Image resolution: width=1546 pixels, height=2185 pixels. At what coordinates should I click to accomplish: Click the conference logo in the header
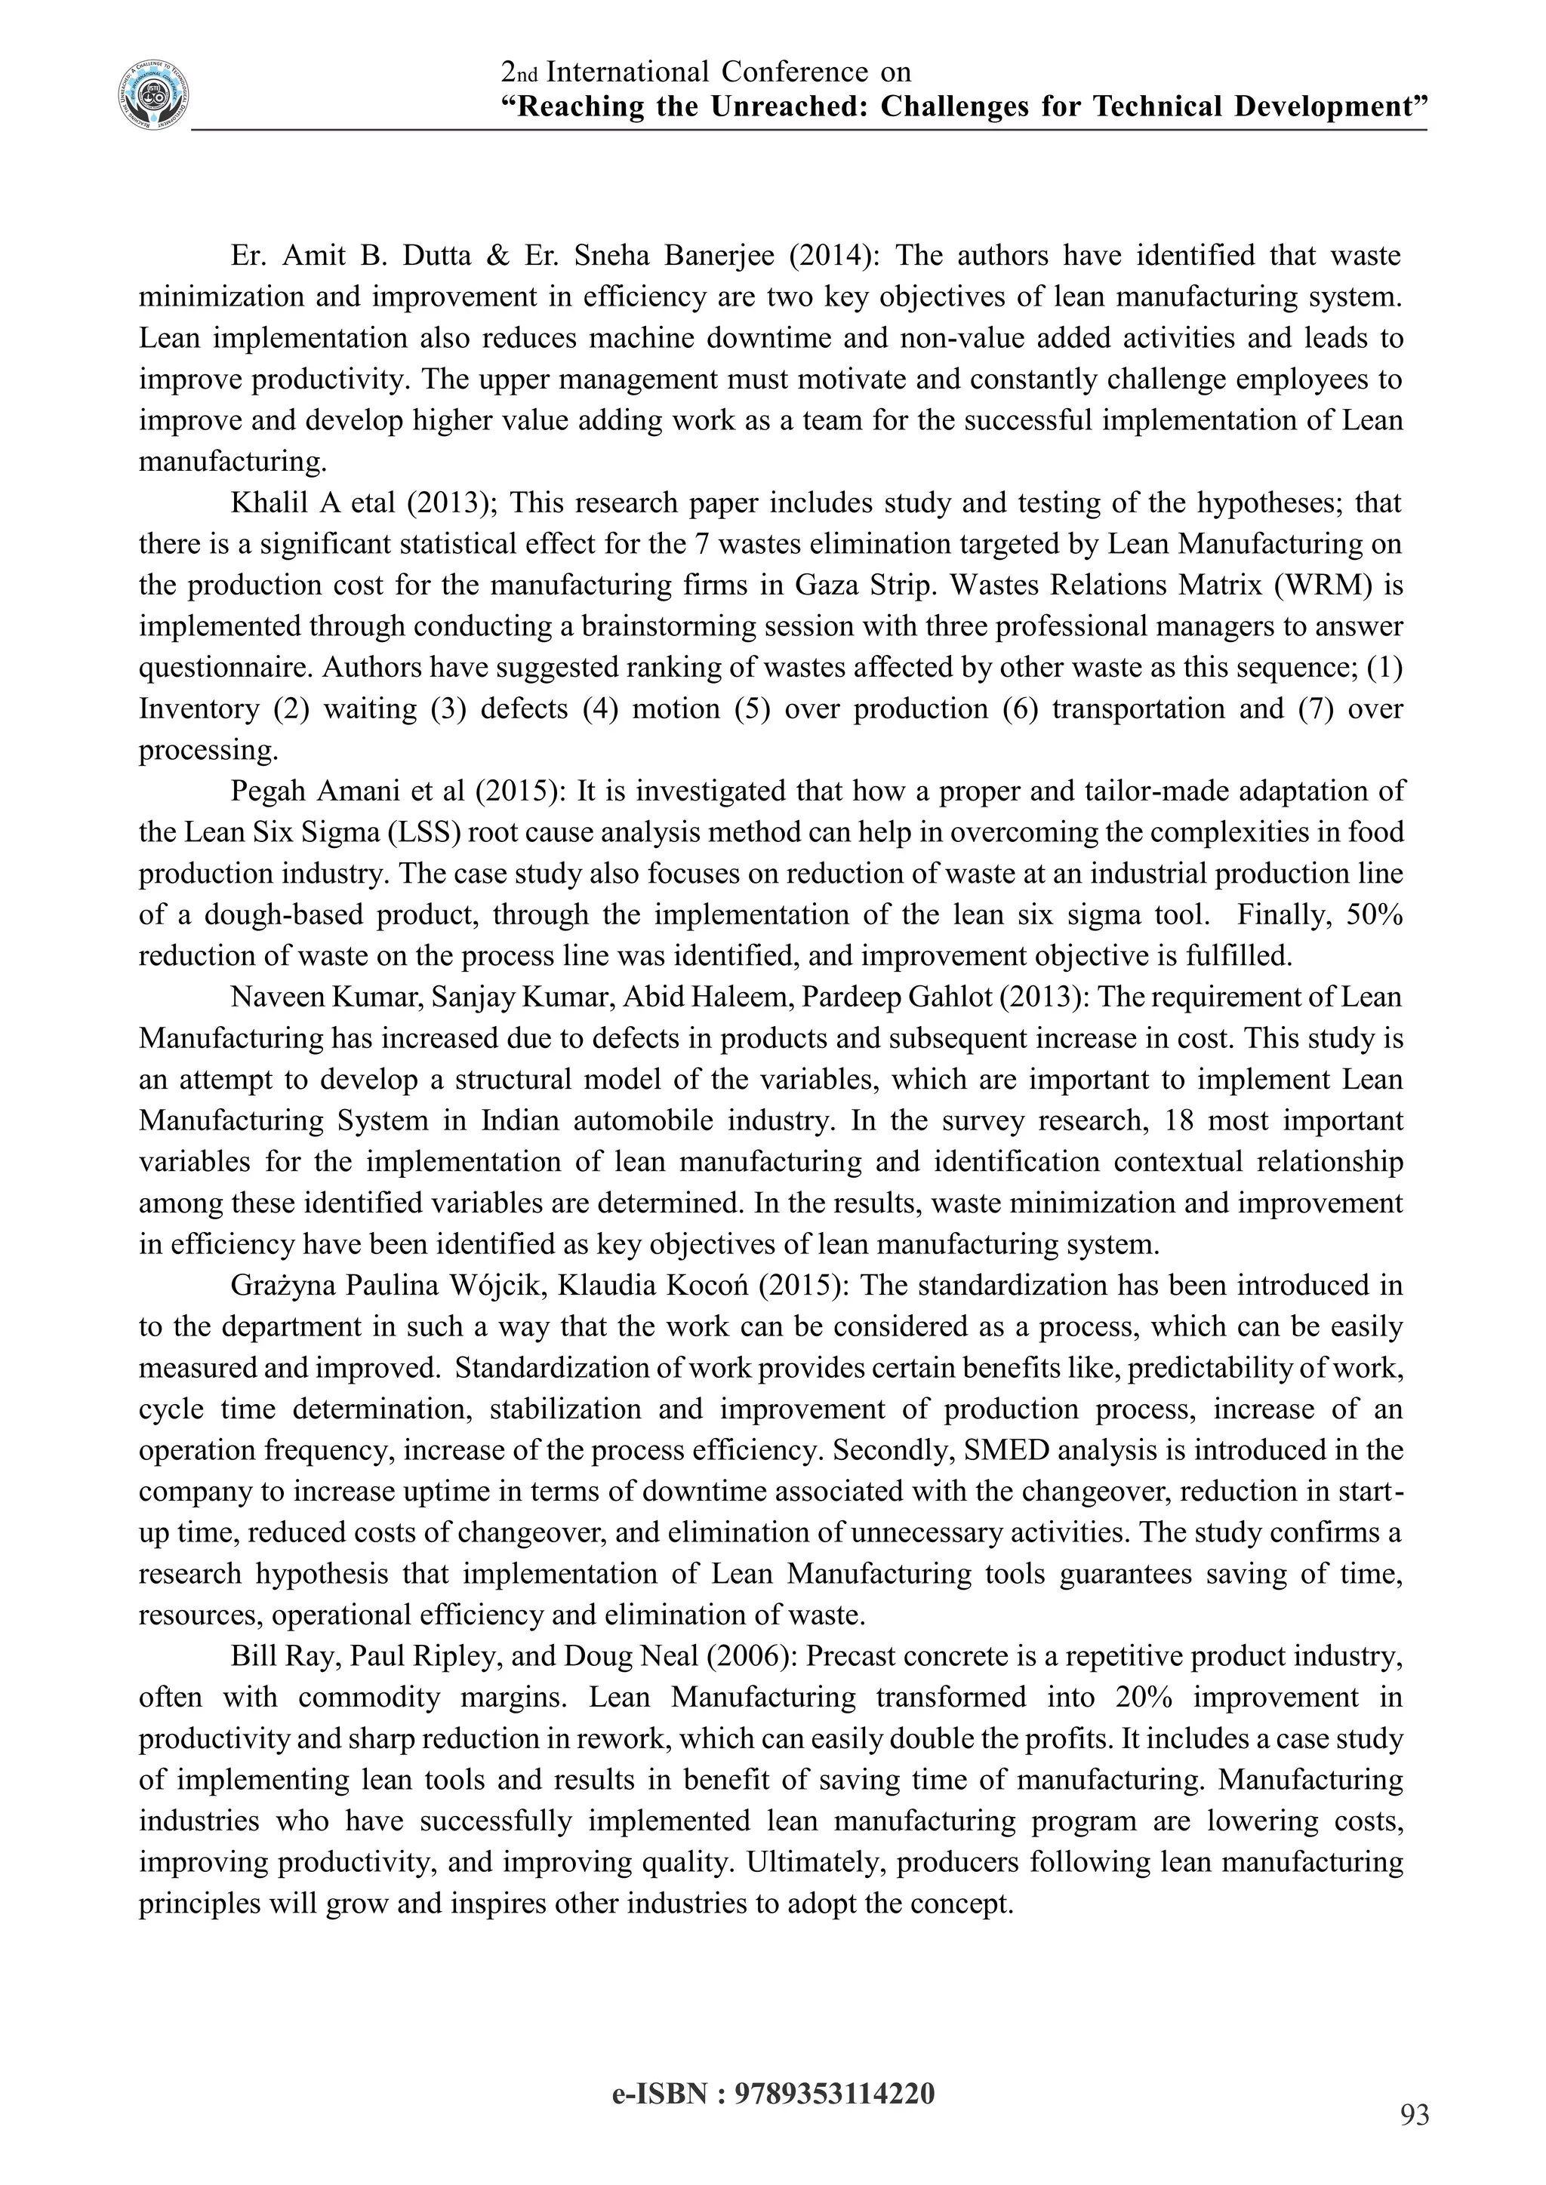tap(153, 95)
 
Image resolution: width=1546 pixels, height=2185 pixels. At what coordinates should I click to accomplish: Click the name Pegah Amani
tap(309, 791)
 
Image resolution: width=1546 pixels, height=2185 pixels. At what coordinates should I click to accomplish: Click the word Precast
tap(857, 1657)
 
